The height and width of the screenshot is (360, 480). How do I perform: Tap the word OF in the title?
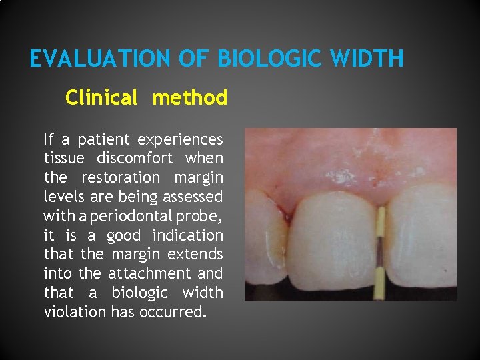[x=195, y=59]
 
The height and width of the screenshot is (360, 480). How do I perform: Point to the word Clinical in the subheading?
[x=101, y=98]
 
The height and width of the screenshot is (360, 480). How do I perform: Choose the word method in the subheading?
[x=189, y=98]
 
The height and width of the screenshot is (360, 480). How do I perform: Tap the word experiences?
[x=180, y=140]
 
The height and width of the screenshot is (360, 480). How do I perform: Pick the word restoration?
[x=121, y=178]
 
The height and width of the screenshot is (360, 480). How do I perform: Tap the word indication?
[x=187, y=235]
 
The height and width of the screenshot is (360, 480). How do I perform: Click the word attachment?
[x=149, y=273]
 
